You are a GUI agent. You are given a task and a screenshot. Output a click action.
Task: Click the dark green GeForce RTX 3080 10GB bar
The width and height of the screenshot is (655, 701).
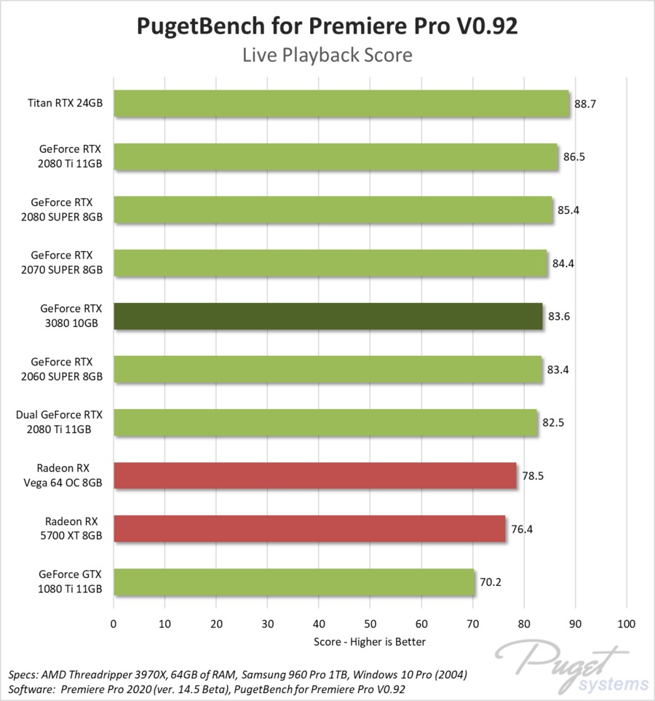[327, 317]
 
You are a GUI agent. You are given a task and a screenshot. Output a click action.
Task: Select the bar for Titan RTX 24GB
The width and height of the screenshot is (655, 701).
[341, 104]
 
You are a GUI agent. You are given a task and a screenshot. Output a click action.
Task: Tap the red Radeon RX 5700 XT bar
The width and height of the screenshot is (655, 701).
[309, 529]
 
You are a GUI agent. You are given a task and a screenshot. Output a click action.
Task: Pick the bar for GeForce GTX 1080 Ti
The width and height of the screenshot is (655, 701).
[293, 582]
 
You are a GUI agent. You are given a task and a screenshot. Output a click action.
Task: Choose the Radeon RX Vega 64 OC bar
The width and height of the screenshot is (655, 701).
[314, 476]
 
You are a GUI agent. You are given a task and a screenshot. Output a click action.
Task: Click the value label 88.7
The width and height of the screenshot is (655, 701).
[585, 104]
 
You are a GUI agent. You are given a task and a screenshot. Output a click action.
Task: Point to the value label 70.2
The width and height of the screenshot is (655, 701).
[490, 582]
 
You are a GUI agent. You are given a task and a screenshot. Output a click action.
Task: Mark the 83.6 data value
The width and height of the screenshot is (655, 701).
[559, 317]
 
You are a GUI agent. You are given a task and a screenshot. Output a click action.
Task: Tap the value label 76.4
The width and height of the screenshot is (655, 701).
[522, 529]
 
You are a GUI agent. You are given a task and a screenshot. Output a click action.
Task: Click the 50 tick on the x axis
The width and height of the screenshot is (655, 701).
[370, 624]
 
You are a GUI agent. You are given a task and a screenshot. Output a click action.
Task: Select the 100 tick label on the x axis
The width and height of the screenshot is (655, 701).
[626, 624]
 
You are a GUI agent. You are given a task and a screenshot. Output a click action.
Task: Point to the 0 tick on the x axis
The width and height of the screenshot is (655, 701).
[114, 624]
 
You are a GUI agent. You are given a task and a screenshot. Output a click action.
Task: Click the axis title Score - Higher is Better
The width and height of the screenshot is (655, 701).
[370, 641]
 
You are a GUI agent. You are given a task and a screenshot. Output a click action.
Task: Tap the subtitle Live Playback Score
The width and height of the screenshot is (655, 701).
[327, 55]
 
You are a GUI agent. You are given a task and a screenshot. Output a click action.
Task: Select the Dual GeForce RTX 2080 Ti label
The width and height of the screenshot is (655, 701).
[60, 423]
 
